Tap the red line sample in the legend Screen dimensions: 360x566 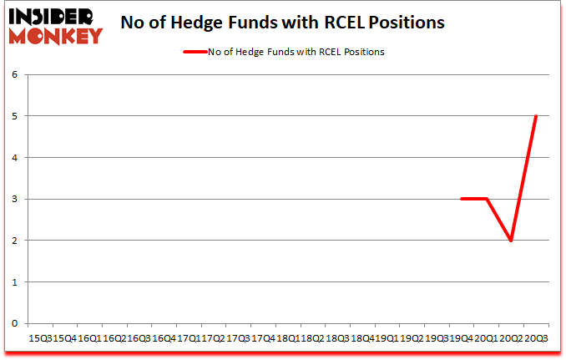coord(196,52)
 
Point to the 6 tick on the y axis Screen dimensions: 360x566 coord(15,74)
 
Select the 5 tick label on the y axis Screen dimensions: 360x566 coord(15,116)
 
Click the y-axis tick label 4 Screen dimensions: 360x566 coord(15,157)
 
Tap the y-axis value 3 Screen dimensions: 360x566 coord(15,199)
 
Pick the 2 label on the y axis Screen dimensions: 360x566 coord(15,241)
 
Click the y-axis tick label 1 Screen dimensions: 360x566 coord(15,281)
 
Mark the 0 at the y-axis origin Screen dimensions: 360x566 coord(15,323)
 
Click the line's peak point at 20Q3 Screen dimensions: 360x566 coord(536,116)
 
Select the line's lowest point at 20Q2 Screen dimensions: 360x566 coord(511,241)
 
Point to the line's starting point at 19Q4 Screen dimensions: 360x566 coord(461,199)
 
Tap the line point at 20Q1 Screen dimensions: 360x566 coord(486,199)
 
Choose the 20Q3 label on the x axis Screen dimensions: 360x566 coord(536,338)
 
